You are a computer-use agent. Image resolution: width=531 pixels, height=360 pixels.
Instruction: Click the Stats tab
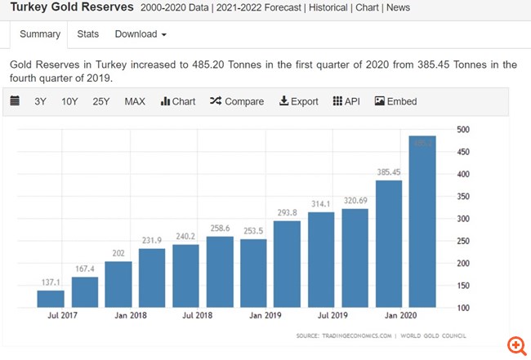(87, 33)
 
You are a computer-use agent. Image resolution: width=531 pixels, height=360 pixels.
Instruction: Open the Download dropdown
(141, 33)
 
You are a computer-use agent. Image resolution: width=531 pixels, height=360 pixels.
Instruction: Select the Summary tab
(40, 33)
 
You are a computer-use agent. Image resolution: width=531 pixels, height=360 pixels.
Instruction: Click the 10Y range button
(70, 101)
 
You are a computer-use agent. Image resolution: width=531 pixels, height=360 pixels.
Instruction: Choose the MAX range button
(135, 101)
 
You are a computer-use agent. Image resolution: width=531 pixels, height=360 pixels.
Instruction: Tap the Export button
(299, 101)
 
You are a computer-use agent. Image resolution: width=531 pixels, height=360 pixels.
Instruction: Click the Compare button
(237, 101)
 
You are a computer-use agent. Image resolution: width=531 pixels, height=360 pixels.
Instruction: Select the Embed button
(395, 101)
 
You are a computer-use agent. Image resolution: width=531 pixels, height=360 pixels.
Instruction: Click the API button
(346, 101)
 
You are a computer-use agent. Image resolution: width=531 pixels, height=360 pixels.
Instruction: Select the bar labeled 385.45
(389, 244)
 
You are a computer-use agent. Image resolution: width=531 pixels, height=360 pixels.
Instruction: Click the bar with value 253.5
(253, 273)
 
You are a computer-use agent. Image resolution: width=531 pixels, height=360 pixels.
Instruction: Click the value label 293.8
(287, 211)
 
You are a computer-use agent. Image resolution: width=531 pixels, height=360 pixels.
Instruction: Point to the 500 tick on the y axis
(463, 130)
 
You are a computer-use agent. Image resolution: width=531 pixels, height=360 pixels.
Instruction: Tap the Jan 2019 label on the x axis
(267, 316)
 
